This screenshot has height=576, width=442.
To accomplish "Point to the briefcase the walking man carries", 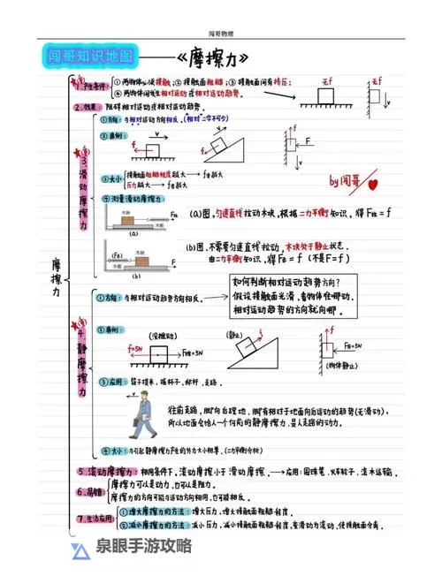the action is coord(129,425).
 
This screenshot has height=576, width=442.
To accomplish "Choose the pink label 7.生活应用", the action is coord(95,518).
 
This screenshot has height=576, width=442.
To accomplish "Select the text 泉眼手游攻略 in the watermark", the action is coord(144,547).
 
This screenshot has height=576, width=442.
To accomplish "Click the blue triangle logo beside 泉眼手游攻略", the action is coord(80,549).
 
